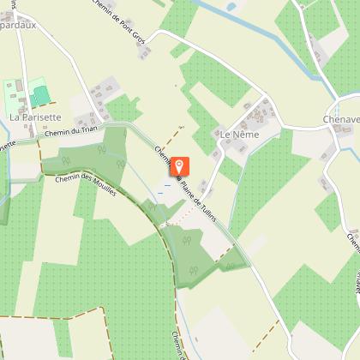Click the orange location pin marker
click(180, 166)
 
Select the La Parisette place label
click(35, 116)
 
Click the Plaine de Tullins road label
click(202, 203)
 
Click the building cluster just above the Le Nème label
click(255, 112)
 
